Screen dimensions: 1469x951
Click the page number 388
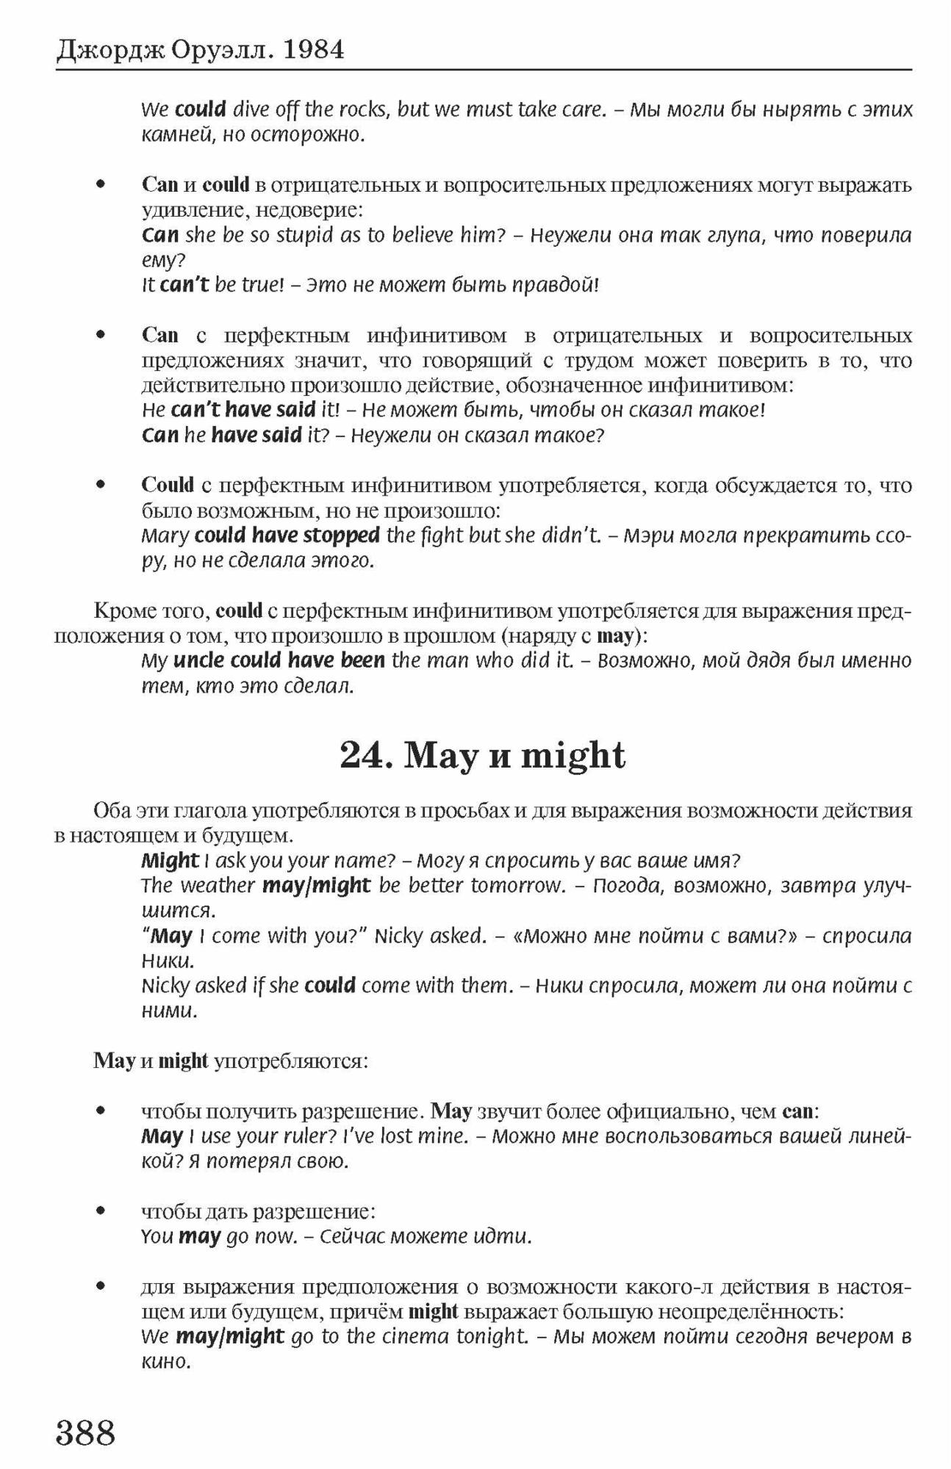[x=86, y=1432]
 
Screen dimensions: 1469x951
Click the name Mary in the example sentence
[x=165, y=535]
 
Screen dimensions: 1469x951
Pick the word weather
[x=218, y=886]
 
